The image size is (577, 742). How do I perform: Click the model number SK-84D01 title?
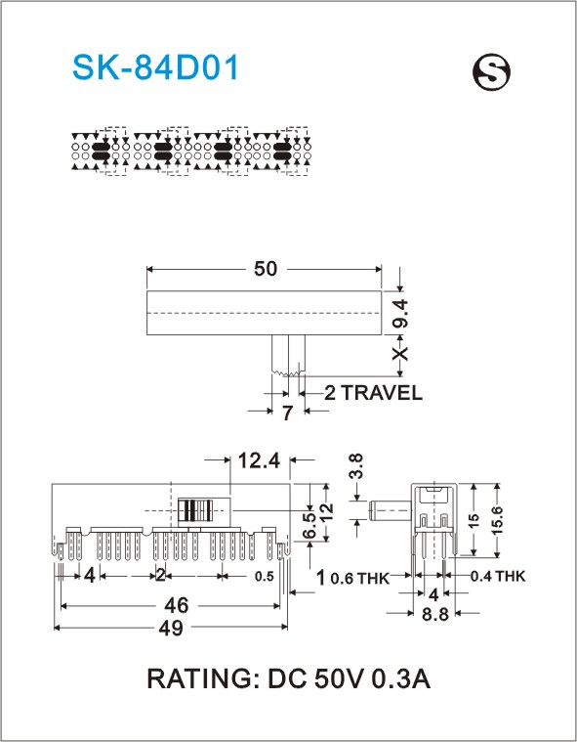155,67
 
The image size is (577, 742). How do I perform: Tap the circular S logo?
491,72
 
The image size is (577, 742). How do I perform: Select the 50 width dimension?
266,269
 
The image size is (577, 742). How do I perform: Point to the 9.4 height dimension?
400,313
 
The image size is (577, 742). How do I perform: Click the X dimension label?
400,354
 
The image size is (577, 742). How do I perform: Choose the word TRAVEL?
382,393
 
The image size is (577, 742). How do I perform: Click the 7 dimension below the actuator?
287,413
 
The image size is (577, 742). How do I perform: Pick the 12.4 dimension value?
259,460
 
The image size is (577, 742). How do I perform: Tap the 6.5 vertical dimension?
309,525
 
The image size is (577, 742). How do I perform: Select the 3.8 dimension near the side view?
356,466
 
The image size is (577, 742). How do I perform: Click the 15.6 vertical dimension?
497,520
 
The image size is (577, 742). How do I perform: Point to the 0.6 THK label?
359,578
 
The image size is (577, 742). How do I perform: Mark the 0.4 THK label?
498,576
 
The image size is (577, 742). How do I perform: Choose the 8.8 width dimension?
434,614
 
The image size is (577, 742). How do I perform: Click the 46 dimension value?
177,606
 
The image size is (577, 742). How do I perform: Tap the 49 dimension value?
171,628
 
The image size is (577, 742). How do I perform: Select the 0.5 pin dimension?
265,577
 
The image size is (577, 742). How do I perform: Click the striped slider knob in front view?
195,510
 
